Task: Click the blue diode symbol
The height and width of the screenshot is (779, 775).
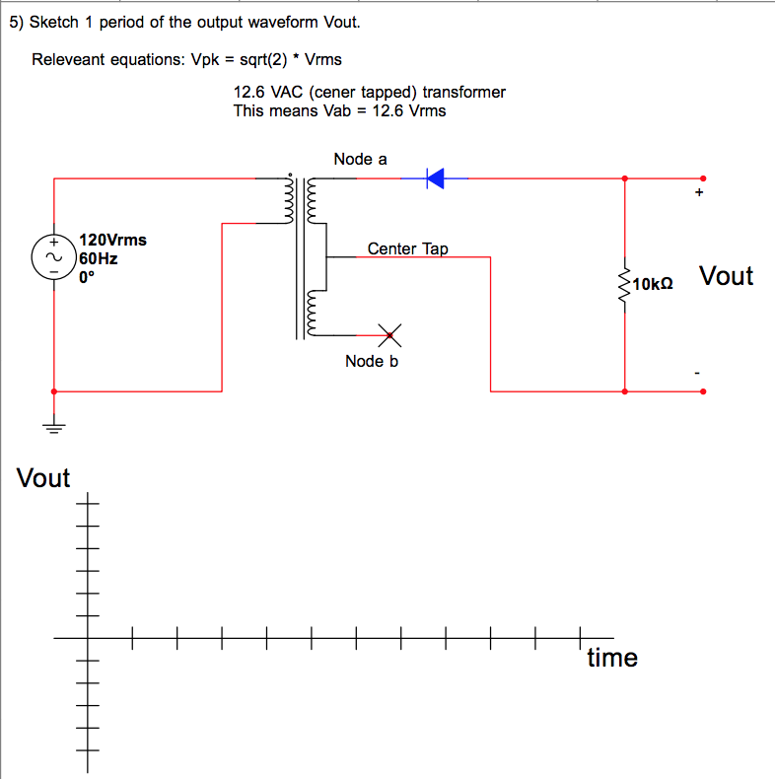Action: pos(435,177)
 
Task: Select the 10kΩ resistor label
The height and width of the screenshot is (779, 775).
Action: pos(653,285)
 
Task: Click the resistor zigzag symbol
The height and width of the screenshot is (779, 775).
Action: pos(623,285)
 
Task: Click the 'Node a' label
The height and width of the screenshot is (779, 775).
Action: pos(360,159)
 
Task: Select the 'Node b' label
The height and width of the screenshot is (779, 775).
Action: pos(372,362)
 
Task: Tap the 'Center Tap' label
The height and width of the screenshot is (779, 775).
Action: pos(407,248)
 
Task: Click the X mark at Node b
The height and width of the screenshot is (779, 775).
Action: pos(390,336)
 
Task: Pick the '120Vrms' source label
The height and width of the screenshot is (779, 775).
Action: pos(112,240)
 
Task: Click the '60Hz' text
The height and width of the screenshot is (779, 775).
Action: pos(99,258)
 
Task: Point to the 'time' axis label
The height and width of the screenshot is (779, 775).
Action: pos(612,658)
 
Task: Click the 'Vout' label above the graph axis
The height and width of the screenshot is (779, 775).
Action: pos(43,478)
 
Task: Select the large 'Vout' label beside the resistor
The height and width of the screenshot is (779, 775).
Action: pos(726,276)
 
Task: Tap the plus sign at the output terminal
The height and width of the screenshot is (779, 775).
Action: pos(699,194)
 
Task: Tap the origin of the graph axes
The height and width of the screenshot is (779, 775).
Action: pos(87,638)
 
